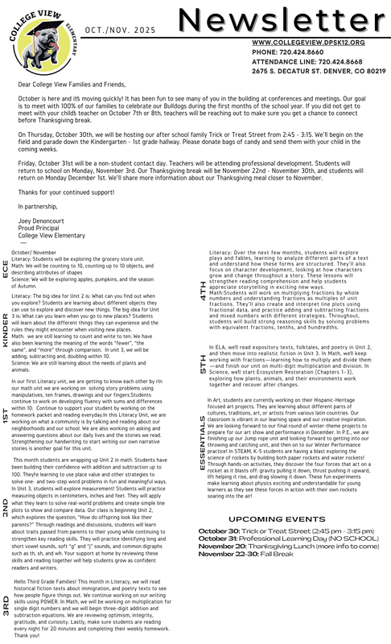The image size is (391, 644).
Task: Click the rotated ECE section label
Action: click(7, 267)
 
